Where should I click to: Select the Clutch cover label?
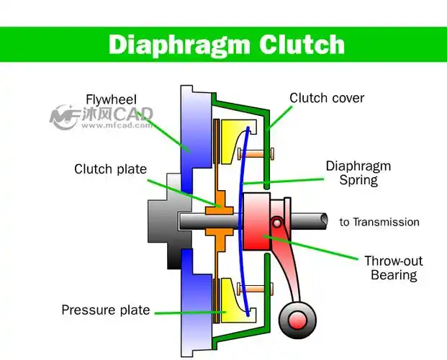tap(327, 98)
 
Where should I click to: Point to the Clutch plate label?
tap(110, 169)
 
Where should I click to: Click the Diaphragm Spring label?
tap(358, 173)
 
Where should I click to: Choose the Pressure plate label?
tap(106, 310)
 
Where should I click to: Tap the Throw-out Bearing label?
tap(393, 268)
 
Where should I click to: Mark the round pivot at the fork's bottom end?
tap(295, 318)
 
